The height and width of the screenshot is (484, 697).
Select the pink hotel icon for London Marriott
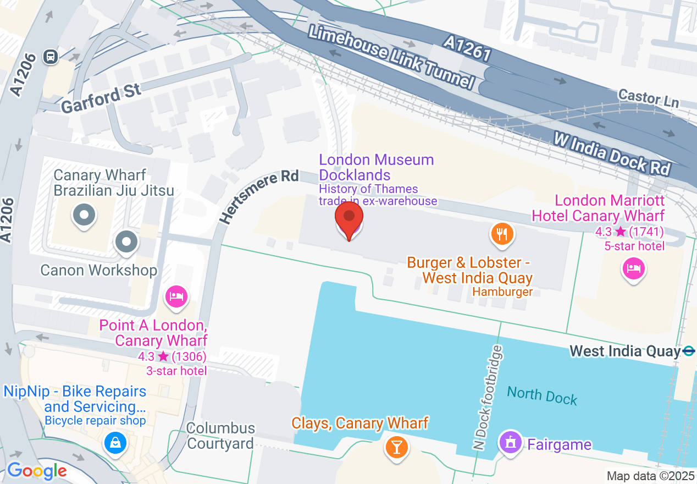[633, 269]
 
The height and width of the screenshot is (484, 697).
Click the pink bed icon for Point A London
[176, 298]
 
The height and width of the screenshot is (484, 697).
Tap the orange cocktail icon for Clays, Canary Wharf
[396, 446]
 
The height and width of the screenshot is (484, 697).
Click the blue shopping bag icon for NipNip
[115, 442]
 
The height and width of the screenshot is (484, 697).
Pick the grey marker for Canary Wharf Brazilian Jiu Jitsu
[84, 215]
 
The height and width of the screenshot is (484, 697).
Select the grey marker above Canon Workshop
[127, 241]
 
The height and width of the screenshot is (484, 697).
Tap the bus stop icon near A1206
[51, 56]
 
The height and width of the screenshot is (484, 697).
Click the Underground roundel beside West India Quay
[688, 351]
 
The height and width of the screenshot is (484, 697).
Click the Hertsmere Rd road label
[259, 196]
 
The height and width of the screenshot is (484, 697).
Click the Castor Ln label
[649, 98]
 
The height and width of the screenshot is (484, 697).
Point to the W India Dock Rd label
[612, 153]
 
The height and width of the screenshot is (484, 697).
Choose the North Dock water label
[542, 395]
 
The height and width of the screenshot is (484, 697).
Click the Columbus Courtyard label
[220, 436]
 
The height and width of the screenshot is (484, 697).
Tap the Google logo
[37, 471]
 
